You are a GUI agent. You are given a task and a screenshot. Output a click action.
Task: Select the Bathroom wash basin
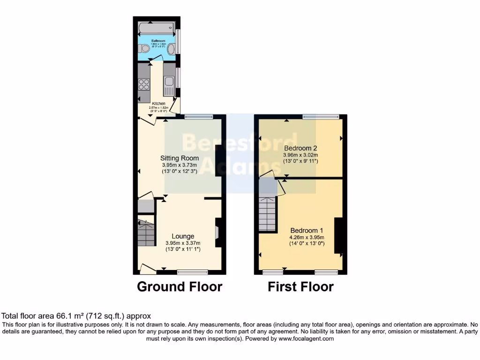(x=172, y=48)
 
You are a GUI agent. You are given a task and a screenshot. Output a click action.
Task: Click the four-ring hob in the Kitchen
(x=144, y=84)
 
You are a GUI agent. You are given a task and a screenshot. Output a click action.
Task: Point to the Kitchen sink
(x=169, y=83)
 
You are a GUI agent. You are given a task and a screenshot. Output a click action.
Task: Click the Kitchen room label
(x=158, y=103)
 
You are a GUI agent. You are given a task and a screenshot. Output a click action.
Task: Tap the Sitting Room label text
(x=180, y=158)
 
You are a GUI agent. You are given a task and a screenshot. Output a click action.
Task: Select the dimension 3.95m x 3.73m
(x=180, y=165)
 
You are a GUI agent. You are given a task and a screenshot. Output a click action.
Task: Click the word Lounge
(x=183, y=236)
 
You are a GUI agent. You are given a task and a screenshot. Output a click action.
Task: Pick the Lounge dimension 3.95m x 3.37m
(x=183, y=243)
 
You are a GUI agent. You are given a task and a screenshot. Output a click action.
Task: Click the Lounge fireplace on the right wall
(x=217, y=232)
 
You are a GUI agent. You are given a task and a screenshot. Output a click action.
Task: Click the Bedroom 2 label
(x=300, y=148)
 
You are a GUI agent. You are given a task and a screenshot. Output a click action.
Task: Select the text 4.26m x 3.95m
(x=307, y=237)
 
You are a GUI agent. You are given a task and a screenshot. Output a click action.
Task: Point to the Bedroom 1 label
(x=307, y=230)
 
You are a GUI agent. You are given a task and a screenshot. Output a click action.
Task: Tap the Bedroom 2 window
(x=320, y=117)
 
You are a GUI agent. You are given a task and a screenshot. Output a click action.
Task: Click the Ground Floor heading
(x=180, y=286)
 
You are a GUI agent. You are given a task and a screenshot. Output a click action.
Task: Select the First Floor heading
(x=300, y=286)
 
